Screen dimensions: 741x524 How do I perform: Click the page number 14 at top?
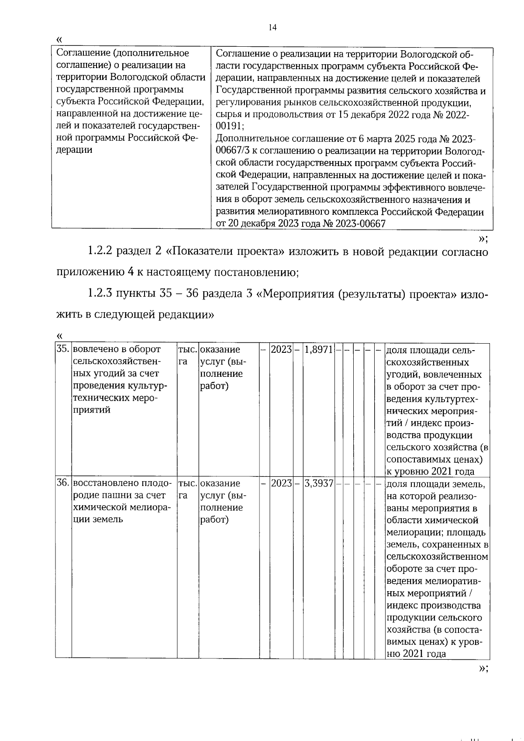(x=272, y=28)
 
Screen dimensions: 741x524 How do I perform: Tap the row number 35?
(x=63, y=349)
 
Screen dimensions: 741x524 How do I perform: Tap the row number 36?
(x=63, y=483)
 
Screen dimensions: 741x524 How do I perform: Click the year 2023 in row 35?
(x=281, y=349)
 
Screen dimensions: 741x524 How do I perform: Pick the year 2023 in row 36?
(x=281, y=483)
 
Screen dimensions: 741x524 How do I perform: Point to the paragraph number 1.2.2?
(x=100, y=252)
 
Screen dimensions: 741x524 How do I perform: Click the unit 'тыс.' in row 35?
(x=188, y=349)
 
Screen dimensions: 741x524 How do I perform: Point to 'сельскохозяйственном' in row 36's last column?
(x=437, y=557)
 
